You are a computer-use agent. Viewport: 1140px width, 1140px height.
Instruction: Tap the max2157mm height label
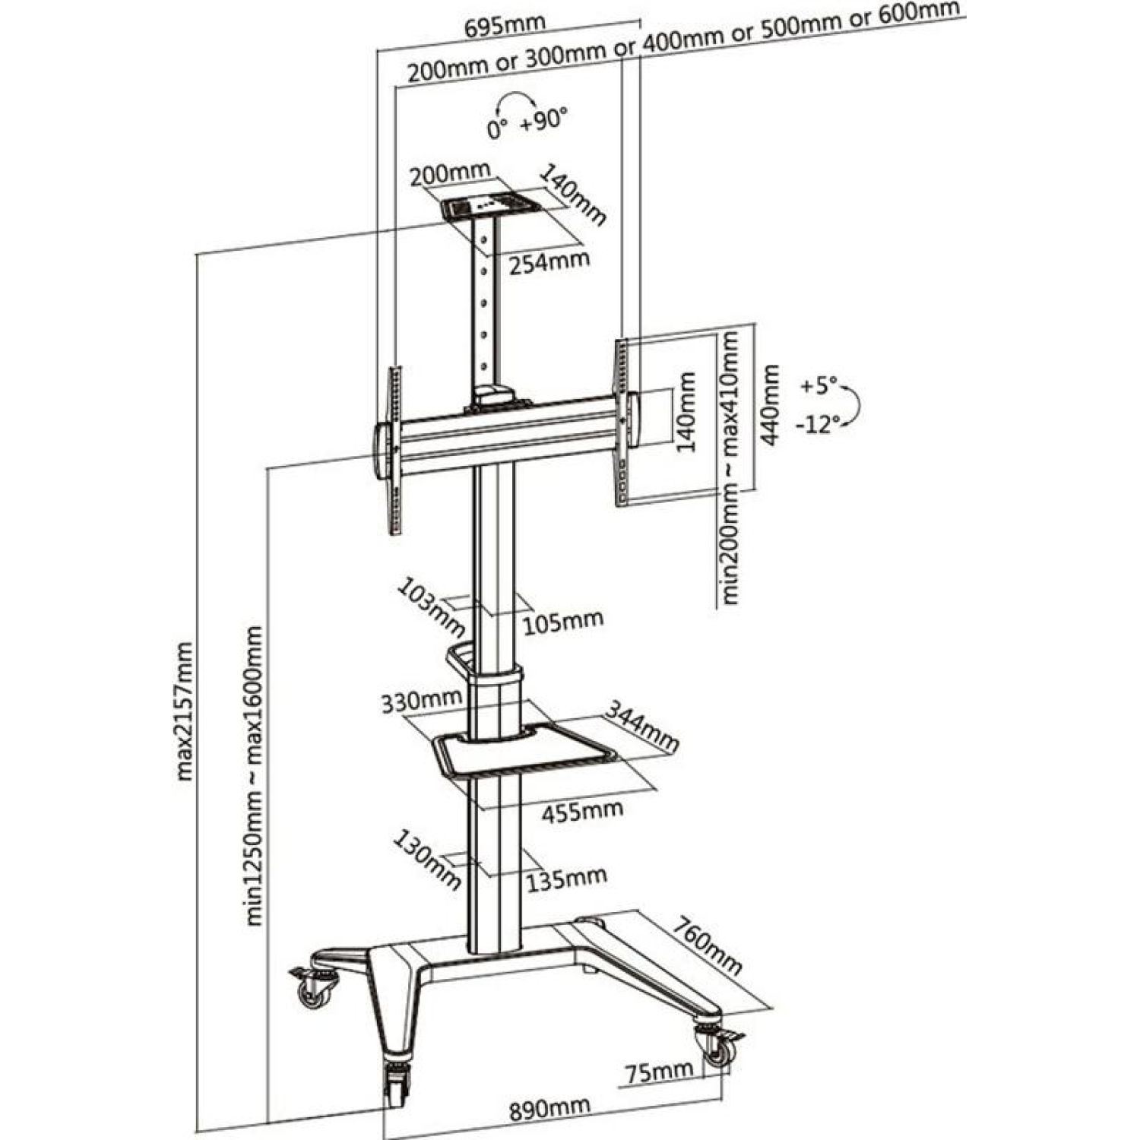tap(184, 711)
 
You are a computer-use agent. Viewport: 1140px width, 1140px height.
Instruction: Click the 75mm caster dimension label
tap(658, 1072)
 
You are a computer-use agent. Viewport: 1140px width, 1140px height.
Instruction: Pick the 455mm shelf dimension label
tap(581, 811)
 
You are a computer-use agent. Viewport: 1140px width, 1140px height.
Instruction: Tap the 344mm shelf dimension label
tap(642, 726)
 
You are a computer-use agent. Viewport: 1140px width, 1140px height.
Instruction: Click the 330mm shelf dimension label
tap(422, 701)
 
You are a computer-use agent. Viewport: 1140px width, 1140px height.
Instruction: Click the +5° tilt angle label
tap(817, 386)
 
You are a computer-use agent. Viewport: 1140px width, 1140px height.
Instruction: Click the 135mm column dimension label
tap(567, 879)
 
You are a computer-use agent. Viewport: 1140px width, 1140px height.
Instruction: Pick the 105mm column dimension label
tap(563, 622)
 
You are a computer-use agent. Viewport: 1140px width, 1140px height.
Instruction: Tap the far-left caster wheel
tap(312, 990)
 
